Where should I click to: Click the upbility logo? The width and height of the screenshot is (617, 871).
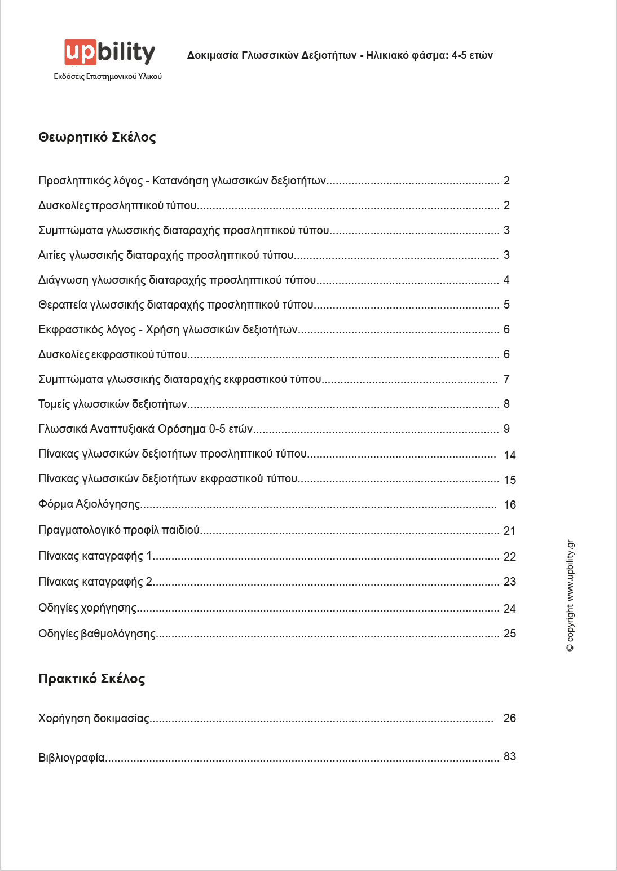coord(109,52)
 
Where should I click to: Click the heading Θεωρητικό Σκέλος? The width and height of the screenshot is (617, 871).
coord(97,137)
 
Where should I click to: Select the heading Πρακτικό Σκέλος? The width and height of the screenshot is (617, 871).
coord(91,679)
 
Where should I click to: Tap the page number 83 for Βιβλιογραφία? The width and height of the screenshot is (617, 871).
coord(509,756)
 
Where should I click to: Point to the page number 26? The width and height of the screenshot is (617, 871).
coord(509,718)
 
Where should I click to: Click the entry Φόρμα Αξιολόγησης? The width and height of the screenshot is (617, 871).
coord(89,504)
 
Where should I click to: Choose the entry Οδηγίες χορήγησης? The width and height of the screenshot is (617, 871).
coord(87,608)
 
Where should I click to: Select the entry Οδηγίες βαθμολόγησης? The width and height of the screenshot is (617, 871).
coord(97,634)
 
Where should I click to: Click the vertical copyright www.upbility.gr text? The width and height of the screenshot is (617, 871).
coord(570,596)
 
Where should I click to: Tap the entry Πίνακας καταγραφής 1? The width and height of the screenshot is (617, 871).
coord(95,556)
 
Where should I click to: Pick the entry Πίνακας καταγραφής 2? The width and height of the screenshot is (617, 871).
coord(95,582)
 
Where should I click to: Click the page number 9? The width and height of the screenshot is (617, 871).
coord(506,429)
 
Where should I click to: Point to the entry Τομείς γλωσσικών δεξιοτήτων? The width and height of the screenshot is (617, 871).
coord(113,404)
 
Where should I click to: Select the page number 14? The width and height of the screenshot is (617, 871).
coord(509,455)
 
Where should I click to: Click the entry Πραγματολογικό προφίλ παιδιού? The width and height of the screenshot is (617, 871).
coord(119,530)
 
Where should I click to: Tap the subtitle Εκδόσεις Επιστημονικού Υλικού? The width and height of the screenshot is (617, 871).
coord(108,76)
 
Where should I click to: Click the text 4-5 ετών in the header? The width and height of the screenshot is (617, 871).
coord(472,55)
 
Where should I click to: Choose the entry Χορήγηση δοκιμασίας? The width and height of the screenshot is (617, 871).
coord(94,718)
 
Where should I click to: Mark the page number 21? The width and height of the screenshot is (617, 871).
coord(509,531)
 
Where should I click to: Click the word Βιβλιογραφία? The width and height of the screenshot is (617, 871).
coord(72,758)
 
